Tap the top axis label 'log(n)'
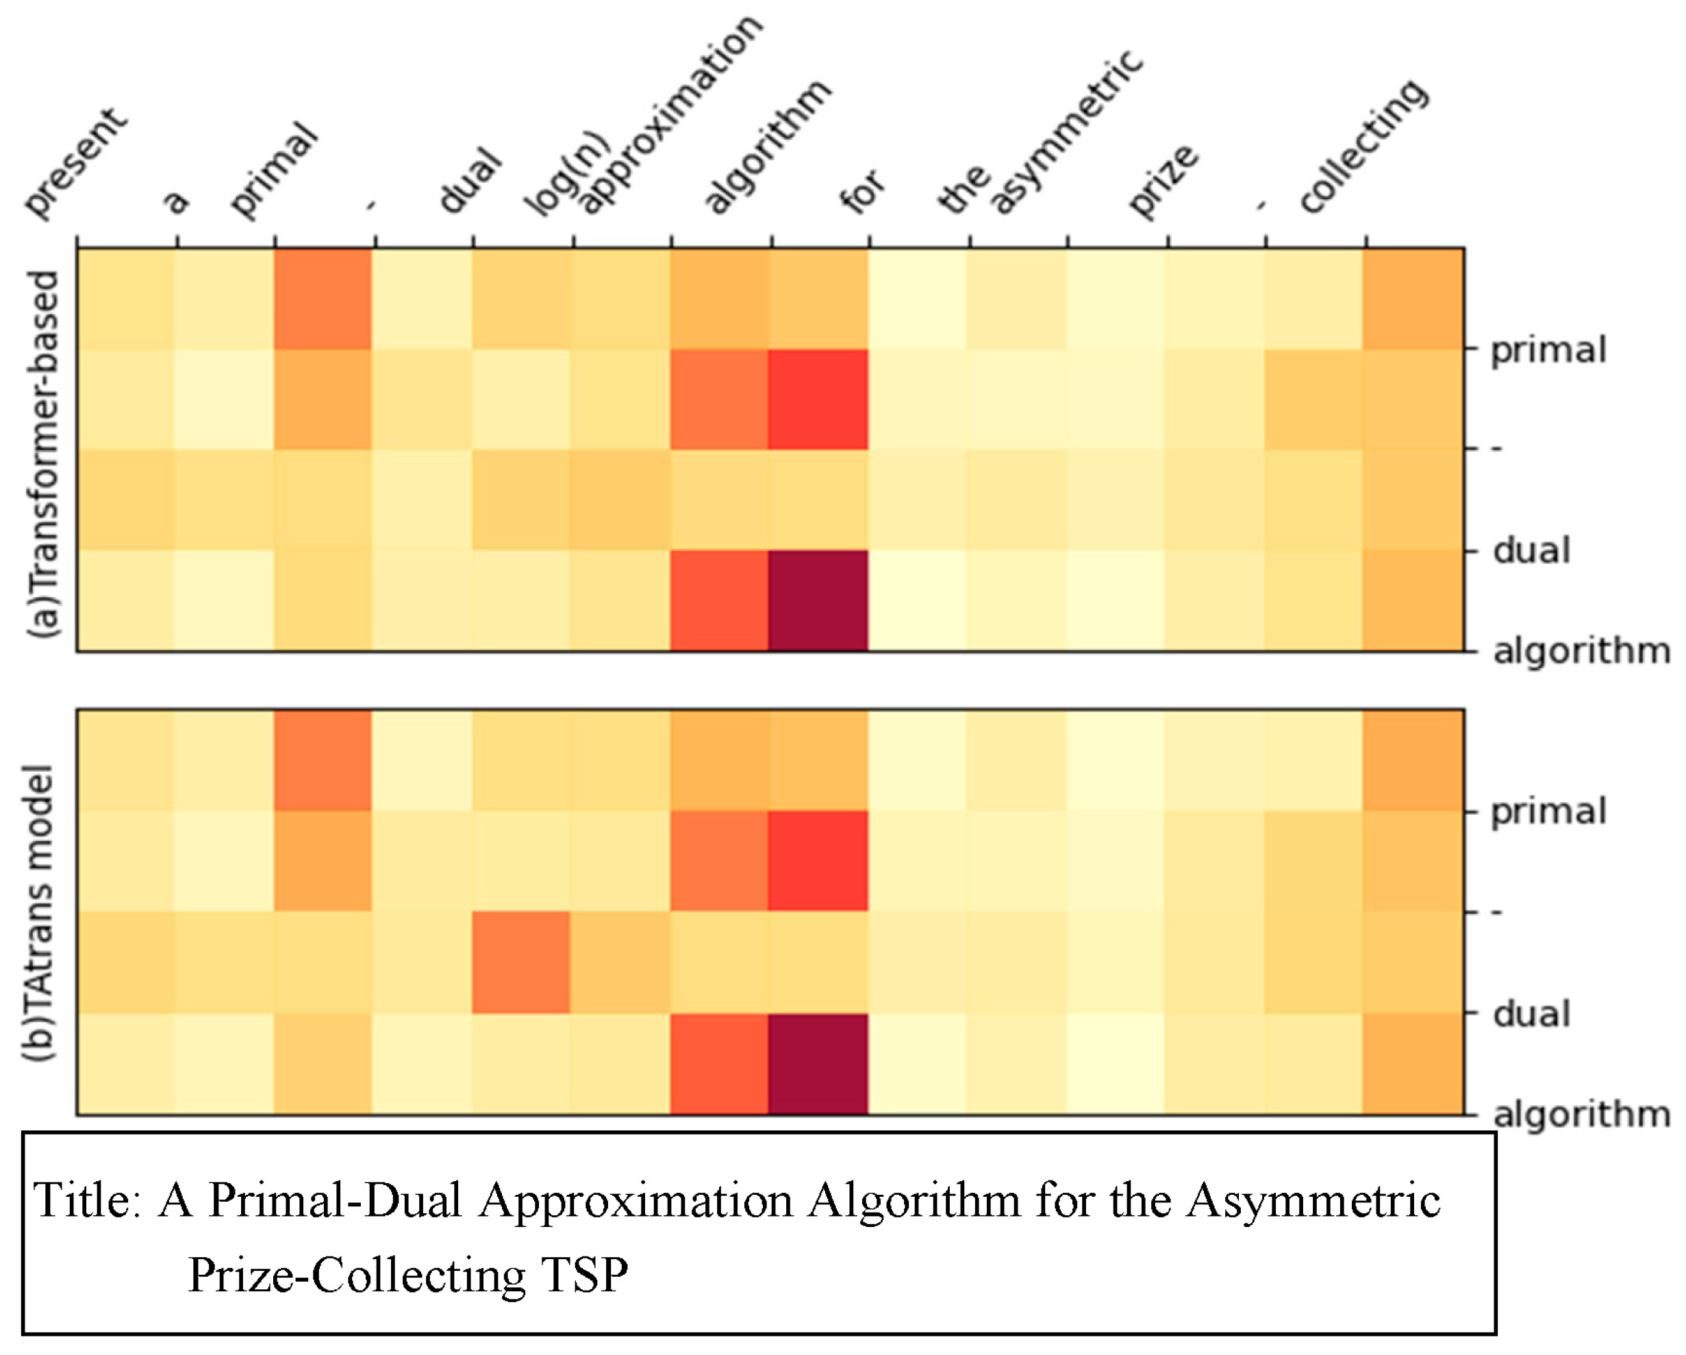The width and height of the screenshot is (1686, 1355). tap(567, 174)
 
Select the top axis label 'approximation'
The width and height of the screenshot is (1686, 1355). tap(670, 115)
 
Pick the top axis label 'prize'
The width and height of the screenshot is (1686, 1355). tap(1163, 181)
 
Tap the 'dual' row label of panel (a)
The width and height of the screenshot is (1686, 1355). tap(1531, 551)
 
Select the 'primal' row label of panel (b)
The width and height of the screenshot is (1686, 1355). tap(1548, 811)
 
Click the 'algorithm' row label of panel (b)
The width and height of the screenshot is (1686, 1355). tap(1581, 1114)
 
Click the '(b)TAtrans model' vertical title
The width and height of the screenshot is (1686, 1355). tap(39, 912)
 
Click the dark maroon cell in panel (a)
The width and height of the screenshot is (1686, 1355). tap(818, 600)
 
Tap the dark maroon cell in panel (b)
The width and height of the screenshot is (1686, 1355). tap(818, 1063)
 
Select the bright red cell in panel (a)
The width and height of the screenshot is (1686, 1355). tap(818, 400)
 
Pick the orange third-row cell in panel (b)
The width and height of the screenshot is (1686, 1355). tap(521, 963)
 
